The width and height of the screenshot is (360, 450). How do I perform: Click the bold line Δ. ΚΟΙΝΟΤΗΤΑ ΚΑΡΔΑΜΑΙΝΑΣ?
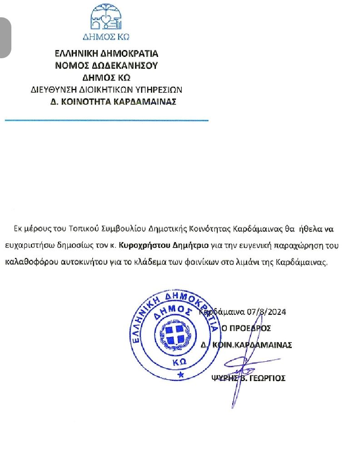coord(113,101)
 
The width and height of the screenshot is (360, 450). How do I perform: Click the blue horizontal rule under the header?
coord(106,120)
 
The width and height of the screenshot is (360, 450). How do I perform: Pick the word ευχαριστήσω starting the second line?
coord(28,246)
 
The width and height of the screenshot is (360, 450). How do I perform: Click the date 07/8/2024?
coord(267,312)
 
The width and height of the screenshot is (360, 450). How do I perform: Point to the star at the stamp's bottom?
coord(181,374)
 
